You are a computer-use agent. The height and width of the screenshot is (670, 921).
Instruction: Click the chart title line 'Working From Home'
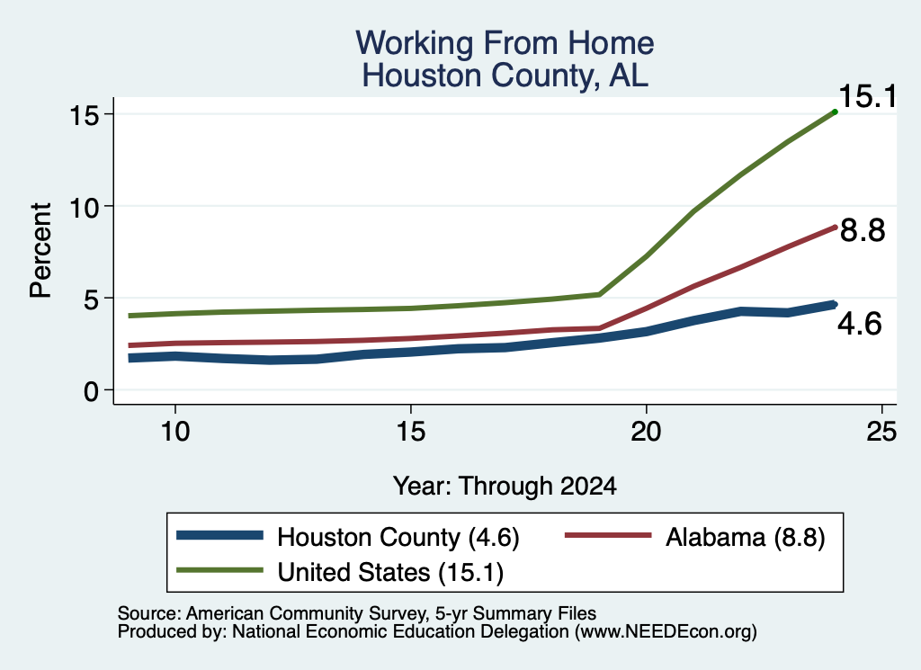[x=505, y=43]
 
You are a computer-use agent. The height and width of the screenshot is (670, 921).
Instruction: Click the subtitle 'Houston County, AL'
[x=505, y=76]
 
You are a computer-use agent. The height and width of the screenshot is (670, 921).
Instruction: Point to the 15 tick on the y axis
[x=84, y=114]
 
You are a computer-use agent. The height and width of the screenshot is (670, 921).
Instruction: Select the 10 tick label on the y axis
[x=84, y=207]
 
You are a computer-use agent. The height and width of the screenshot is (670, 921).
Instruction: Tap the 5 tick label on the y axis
[x=91, y=299]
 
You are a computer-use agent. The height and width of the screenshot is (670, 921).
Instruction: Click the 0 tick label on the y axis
[x=91, y=391]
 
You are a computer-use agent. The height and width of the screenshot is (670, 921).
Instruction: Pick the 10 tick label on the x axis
[x=175, y=433]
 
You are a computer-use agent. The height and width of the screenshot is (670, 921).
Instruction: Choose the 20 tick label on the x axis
[x=646, y=433]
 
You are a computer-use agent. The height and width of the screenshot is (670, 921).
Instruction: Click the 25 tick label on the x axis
[x=881, y=433]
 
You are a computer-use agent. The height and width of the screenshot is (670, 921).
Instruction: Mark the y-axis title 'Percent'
[x=40, y=250]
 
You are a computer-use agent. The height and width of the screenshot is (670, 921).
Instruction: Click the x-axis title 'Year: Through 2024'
[x=505, y=487]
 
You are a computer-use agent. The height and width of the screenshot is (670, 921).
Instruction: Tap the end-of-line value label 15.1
[x=868, y=95]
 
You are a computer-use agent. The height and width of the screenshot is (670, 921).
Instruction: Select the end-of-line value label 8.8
[x=863, y=229]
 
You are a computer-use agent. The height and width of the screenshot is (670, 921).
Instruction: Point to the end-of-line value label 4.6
[x=859, y=324]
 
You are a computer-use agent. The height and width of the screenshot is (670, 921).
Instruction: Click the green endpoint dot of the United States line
[x=835, y=112]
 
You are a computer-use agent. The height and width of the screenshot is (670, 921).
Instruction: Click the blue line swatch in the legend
[x=219, y=535]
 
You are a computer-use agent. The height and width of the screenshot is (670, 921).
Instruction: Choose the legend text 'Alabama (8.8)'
[x=746, y=537]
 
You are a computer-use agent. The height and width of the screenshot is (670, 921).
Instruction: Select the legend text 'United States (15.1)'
[x=390, y=572]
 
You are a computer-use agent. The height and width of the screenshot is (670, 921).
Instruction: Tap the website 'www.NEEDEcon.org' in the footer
[x=664, y=631]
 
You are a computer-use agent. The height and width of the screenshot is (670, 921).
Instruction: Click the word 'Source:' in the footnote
[x=149, y=613]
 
